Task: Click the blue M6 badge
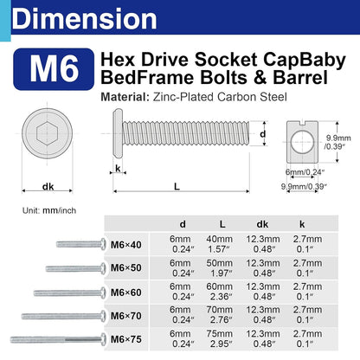tap(54, 69)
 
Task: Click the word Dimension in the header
tap(84, 19)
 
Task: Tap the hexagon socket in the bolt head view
tap(47, 133)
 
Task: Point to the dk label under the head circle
tap(48, 187)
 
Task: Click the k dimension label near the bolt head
tap(118, 168)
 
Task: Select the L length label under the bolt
tap(177, 186)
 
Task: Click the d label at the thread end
tap(262, 134)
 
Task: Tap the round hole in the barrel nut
tap(302, 142)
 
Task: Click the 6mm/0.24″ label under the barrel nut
tap(305, 172)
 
